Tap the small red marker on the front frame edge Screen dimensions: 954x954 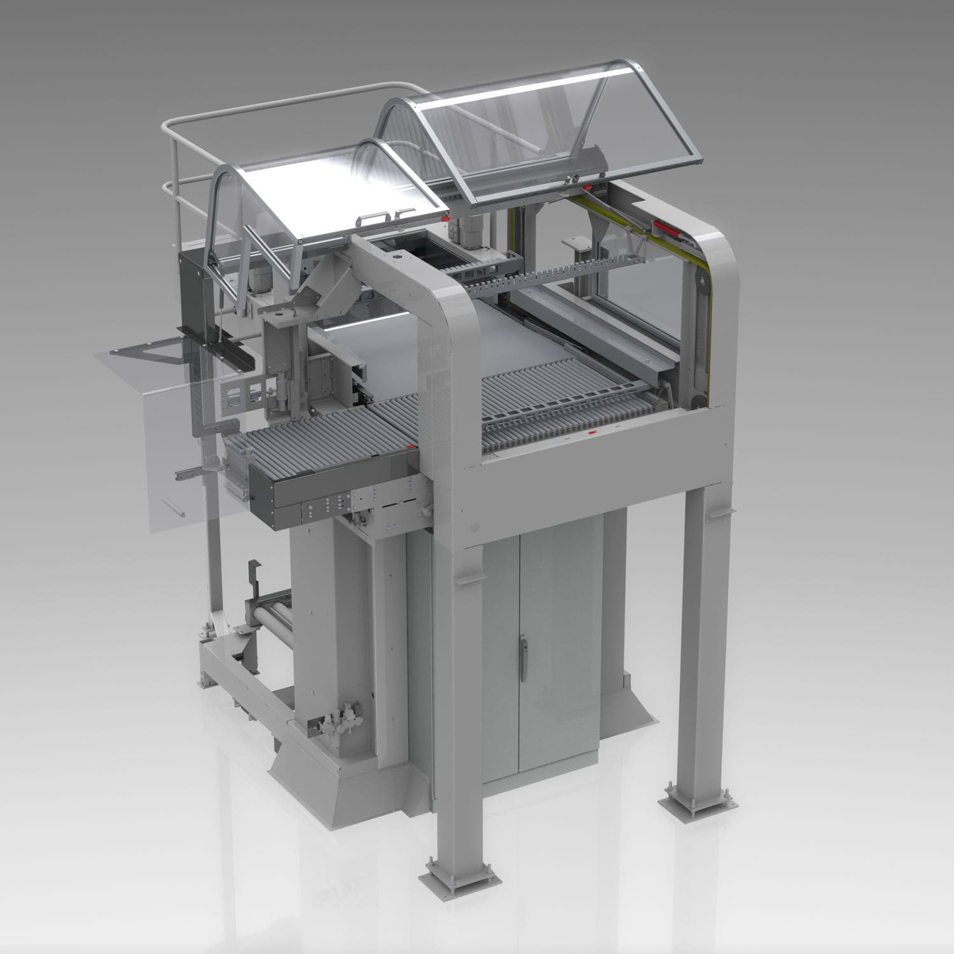pos(592,432)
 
